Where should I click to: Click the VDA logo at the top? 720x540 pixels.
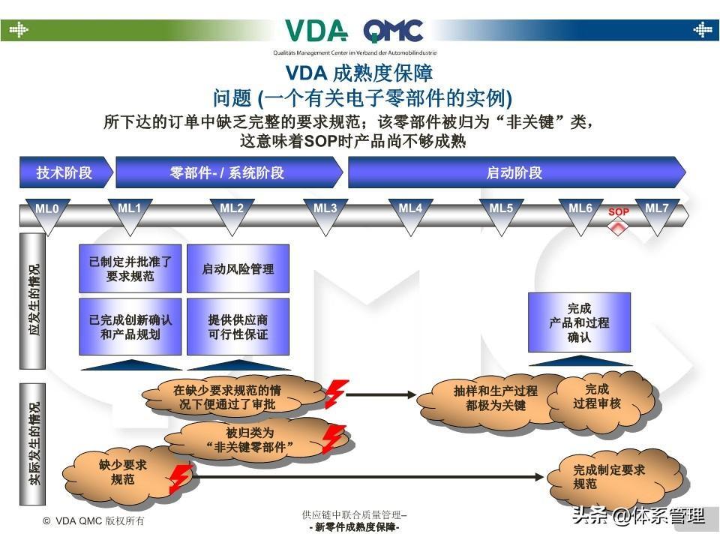click(x=316, y=31)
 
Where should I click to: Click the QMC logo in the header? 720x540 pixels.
click(x=393, y=31)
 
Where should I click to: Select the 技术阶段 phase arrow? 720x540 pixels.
click(x=64, y=172)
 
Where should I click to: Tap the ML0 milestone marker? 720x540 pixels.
click(x=46, y=214)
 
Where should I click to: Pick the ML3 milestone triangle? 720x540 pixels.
click(x=325, y=213)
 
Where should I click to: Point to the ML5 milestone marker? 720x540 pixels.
click(x=501, y=213)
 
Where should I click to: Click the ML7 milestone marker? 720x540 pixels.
click(x=657, y=213)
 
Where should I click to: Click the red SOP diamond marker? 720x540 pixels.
click(x=618, y=225)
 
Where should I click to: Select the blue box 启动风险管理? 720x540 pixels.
click(x=238, y=268)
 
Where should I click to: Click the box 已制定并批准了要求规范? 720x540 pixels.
click(x=130, y=268)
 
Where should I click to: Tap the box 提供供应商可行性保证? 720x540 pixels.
click(x=238, y=326)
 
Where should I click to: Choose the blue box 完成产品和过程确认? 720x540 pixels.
click(x=579, y=322)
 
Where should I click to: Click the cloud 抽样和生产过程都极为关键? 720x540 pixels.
click(x=495, y=398)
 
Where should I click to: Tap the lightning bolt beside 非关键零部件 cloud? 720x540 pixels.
click(x=332, y=438)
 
